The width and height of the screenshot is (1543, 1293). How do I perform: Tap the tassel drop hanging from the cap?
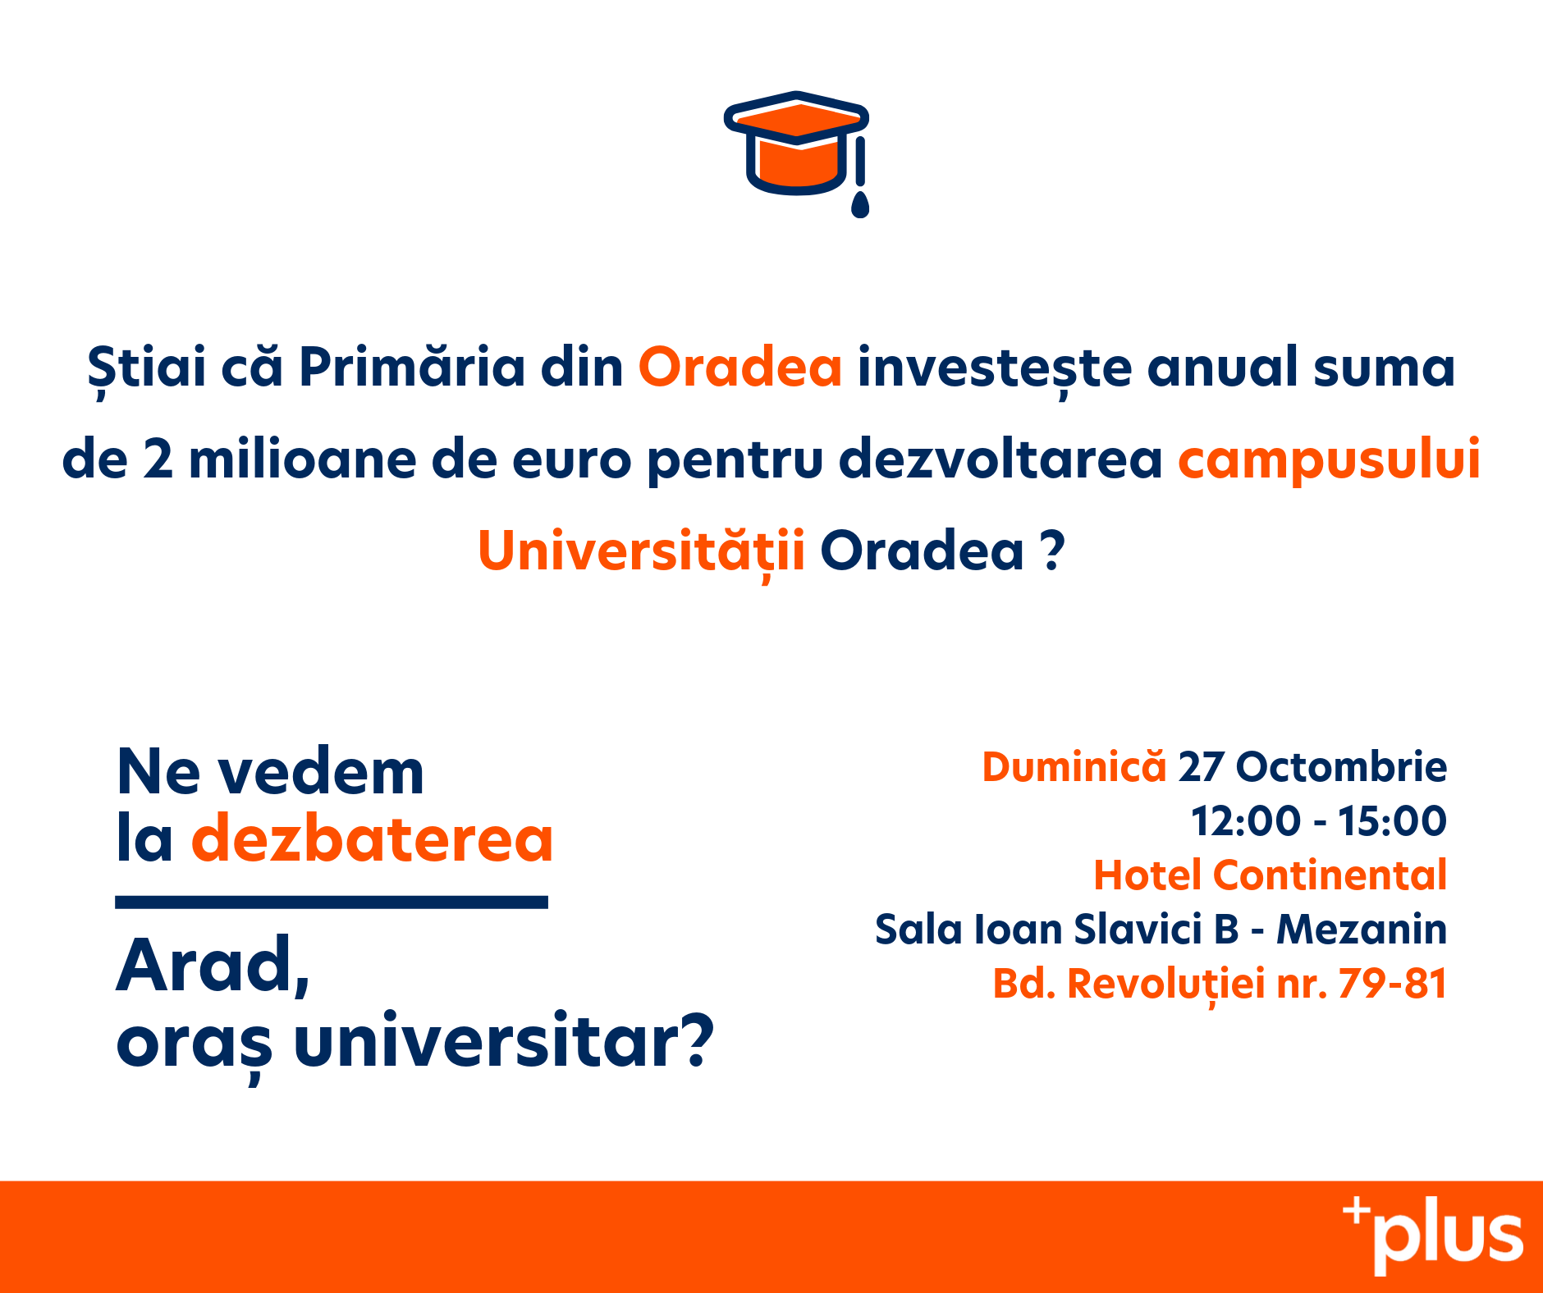point(860,204)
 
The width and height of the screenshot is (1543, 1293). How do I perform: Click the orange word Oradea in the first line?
point(740,367)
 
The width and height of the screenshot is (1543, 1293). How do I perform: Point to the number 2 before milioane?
point(158,459)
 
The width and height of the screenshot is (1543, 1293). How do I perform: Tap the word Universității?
point(641,551)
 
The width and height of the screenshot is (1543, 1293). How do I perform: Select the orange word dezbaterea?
point(373,838)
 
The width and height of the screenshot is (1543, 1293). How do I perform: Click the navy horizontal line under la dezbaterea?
point(332,902)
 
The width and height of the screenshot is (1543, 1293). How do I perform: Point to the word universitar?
point(504,1041)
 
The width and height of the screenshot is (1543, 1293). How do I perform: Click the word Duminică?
point(1074,767)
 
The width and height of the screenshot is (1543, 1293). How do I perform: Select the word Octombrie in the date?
point(1341,767)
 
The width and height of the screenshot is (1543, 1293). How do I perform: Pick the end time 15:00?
point(1392,821)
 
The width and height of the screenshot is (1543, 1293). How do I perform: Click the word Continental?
point(1330,875)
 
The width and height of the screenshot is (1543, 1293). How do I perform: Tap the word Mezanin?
point(1362,930)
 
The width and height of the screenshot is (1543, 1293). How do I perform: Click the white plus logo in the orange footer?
point(1433,1236)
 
